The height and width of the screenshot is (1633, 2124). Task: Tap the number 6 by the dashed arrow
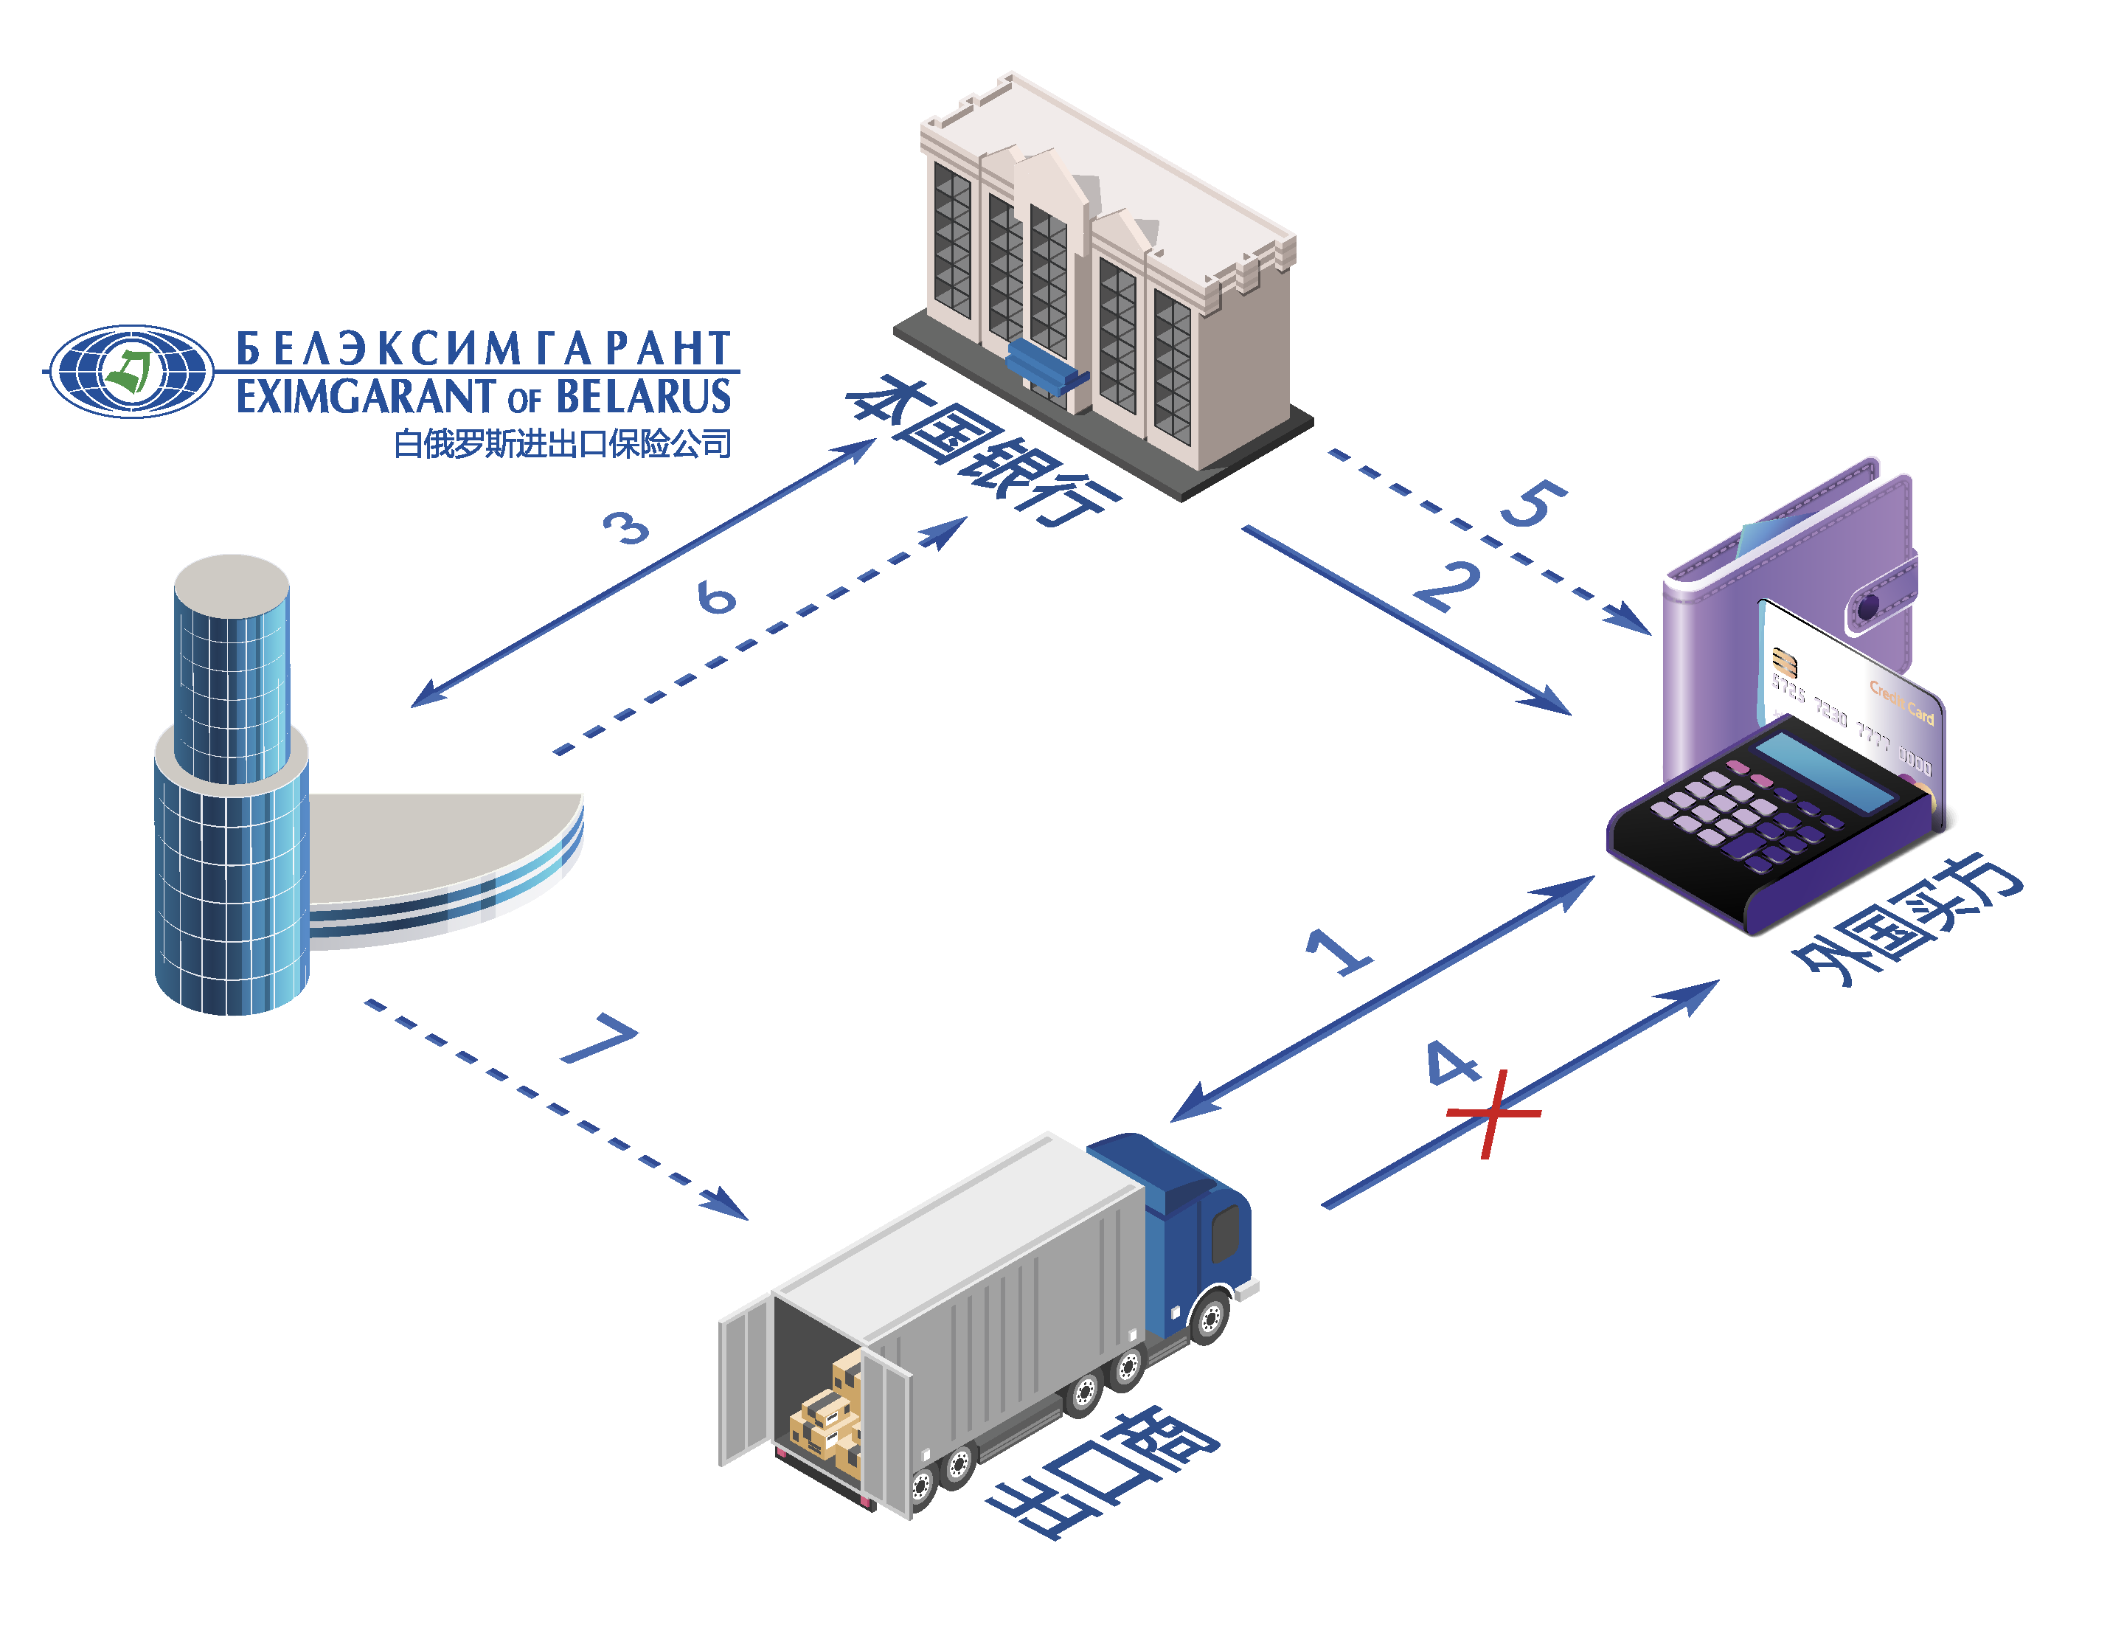click(716, 596)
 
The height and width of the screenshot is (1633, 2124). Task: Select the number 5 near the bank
click(1533, 502)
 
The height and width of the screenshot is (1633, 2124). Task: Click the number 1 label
click(1338, 951)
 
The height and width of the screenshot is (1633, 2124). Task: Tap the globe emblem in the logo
click(131, 371)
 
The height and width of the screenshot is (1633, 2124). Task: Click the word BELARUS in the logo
click(642, 398)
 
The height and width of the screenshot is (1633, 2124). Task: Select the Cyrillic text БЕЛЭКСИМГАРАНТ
click(483, 348)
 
